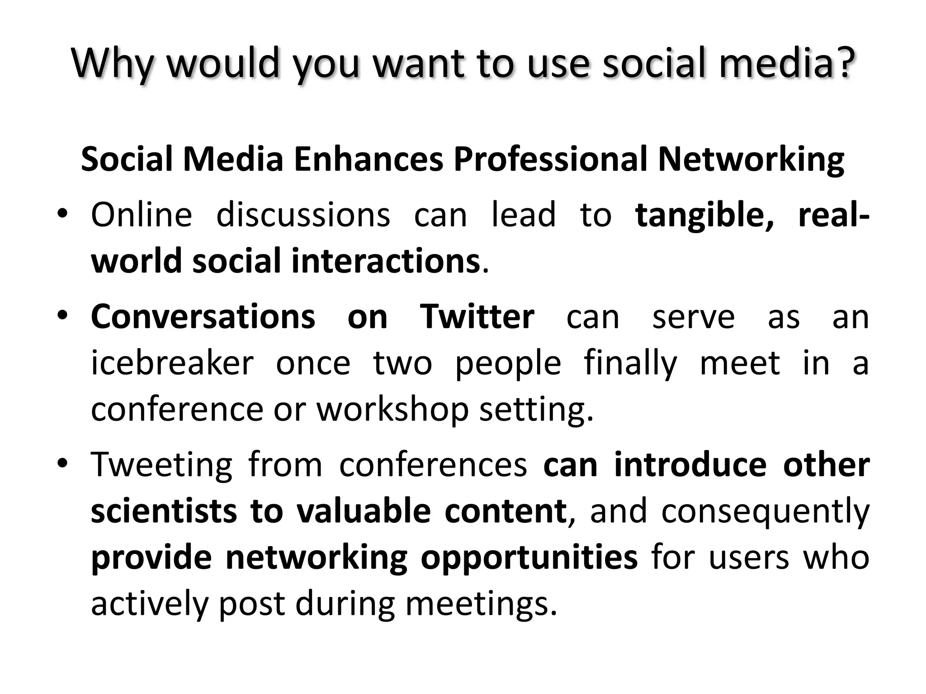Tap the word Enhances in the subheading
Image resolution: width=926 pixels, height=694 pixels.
pos(369,159)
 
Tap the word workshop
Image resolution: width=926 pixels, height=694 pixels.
pos(392,410)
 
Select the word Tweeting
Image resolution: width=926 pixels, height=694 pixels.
pos(161,465)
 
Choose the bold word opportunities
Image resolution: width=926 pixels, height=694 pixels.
pos(529,558)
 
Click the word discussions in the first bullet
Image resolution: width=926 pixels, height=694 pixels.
pos(303,215)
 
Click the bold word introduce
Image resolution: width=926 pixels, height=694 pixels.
pos(690,465)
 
